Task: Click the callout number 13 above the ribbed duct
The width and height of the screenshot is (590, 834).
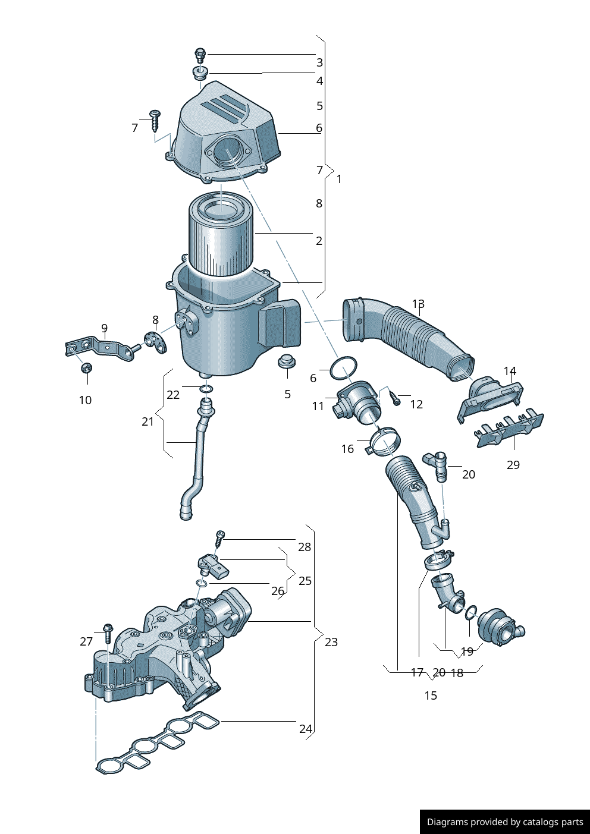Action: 418,304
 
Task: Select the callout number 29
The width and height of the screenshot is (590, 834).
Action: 513,465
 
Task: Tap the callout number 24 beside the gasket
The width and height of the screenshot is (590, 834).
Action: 305,729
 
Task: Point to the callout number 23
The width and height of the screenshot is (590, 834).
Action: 331,642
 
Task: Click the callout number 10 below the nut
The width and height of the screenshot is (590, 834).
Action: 85,400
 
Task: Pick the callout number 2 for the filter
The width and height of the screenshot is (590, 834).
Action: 319,241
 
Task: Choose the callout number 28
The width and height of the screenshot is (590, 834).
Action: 305,547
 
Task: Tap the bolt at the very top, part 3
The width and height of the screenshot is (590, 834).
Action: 200,55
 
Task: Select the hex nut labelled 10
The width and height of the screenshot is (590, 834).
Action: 86,368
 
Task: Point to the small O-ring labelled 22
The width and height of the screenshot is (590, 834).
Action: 206,389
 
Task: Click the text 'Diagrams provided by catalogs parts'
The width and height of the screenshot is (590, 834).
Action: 505,822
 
